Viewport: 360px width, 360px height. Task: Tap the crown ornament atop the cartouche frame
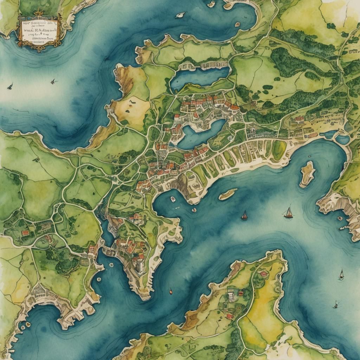[x=37, y=13]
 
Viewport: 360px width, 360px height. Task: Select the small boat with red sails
[x=244, y=216]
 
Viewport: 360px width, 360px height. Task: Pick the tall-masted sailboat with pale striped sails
[x=288, y=213]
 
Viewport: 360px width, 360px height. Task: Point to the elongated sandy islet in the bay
[x=228, y=194]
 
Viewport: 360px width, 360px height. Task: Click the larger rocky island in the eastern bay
[x=307, y=174]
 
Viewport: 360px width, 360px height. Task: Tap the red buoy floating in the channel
[x=171, y=291]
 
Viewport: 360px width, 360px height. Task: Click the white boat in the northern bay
[x=180, y=15]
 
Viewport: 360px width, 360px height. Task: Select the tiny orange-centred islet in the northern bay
[x=238, y=24]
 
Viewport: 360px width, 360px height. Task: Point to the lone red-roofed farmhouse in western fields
[x=25, y=233]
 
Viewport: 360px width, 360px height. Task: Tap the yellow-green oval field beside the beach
[x=279, y=150]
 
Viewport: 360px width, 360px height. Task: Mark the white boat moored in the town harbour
[x=173, y=199]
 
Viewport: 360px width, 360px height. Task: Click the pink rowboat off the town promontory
[x=194, y=210]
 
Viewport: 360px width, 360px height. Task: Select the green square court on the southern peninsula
[x=225, y=306]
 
